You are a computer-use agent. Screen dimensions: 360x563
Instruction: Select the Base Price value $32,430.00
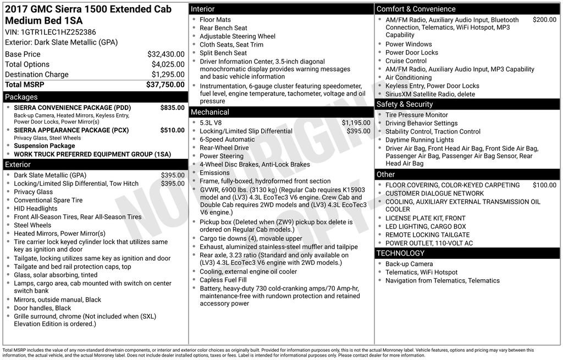pyautogui.click(x=165, y=54)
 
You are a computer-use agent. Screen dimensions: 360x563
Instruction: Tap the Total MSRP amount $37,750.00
pyautogui.click(x=165, y=85)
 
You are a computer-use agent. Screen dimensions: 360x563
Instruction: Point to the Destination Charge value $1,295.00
pyautogui.click(x=168, y=75)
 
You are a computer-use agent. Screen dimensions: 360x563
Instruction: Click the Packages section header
pyautogui.click(x=21, y=97)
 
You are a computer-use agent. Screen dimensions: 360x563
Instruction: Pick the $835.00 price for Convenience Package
pyautogui.click(x=172, y=108)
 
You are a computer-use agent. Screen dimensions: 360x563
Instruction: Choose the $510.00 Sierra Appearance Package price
pyautogui.click(x=172, y=130)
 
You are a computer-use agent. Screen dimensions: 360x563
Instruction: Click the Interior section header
pyautogui.click(x=203, y=9)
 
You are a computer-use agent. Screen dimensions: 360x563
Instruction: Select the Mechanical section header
pyautogui.click(x=209, y=112)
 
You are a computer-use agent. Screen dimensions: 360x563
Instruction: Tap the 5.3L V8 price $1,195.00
pyautogui.click(x=356, y=123)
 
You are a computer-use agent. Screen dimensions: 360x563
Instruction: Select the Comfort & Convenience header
pyautogui.click(x=416, y=9)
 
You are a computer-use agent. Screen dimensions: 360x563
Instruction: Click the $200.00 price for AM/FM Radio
pyautogui.click(x=544, y=20)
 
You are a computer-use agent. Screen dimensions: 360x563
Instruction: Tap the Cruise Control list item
pyautogui.click(x=406, y=61)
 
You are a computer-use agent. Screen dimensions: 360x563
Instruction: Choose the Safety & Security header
pyautogui.click(x=405, y=104)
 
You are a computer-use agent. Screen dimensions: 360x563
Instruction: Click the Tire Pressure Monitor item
pyautogui.click(x=416, y=115)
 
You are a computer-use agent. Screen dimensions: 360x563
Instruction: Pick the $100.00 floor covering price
pyautogui.click(x=544, y=185)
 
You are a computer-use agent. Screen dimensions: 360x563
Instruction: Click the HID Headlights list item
pyautogui.click(x=36, y=209)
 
